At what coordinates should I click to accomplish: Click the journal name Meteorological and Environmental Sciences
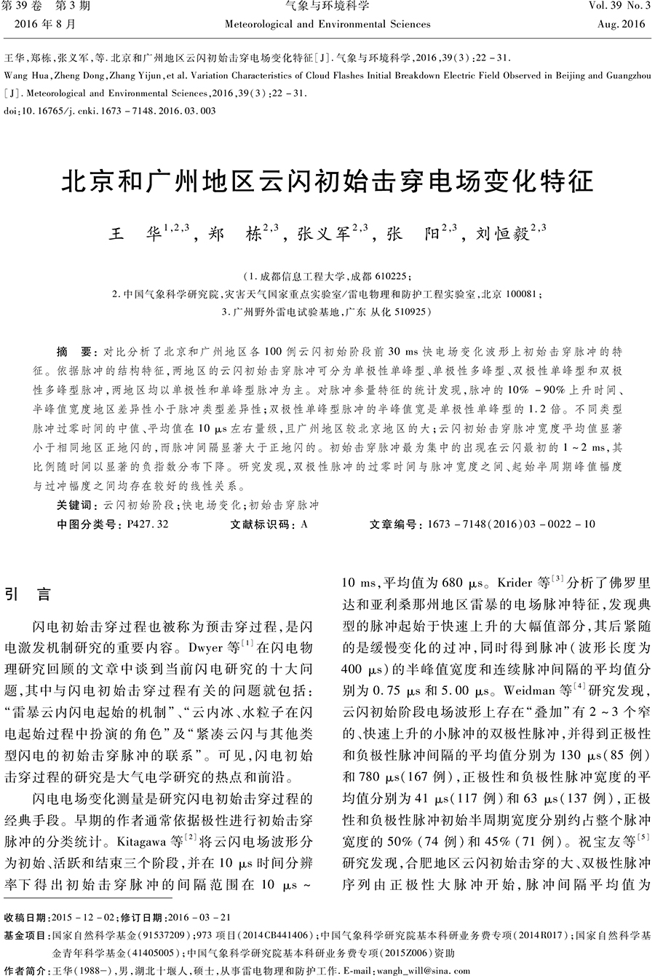pos(327,24)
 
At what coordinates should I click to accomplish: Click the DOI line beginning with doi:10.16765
pos(110,111)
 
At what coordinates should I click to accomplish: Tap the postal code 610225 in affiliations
pos(392,277)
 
